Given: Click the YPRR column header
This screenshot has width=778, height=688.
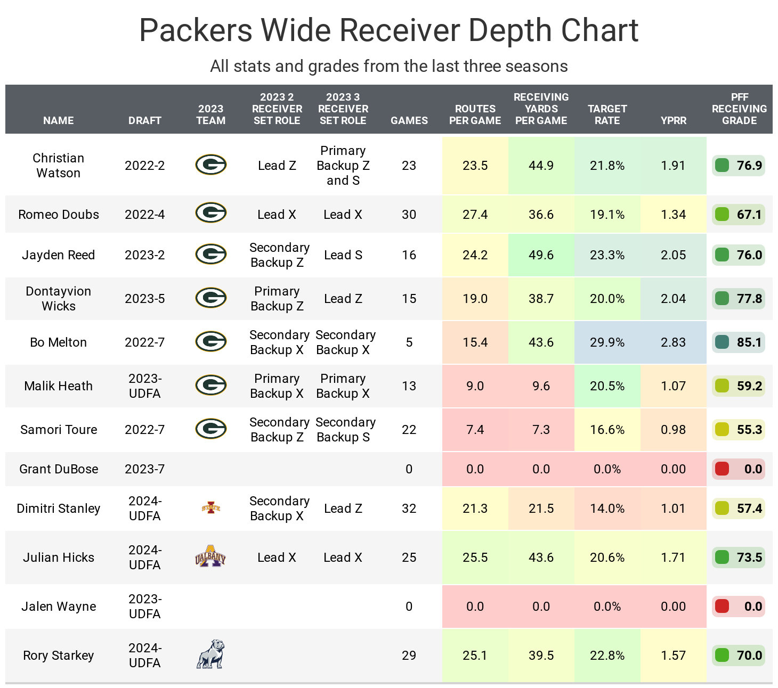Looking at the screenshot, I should point(673,120).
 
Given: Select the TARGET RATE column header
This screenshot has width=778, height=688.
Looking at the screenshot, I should point(607,114).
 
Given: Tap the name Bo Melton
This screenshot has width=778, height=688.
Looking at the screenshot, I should point(59,342).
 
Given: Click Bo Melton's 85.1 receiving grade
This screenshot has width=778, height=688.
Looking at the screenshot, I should point(749,342).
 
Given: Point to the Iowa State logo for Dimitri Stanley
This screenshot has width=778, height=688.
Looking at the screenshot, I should point(211,508).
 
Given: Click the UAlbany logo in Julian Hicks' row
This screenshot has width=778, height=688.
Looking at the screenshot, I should point(210,557).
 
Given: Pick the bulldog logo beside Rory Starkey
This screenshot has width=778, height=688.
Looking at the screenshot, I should point(210,654).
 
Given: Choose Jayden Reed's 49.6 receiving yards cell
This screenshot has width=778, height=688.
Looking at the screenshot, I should point(541,255).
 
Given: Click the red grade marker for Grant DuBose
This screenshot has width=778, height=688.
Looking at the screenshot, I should point(722,469).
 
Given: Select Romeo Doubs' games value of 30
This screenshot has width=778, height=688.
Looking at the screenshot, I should point(409,215).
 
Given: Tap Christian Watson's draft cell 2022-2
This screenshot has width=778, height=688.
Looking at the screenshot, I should point(144,166).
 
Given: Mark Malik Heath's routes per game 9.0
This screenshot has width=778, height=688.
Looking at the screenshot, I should point(475,386).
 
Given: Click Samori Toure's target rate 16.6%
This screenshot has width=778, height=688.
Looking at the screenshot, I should point(607,430).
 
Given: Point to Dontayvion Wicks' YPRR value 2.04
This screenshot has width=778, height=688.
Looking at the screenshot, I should point(673,299).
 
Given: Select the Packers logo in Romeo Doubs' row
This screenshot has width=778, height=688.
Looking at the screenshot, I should point(211,213).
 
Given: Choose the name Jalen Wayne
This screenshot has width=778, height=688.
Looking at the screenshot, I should point(59,607).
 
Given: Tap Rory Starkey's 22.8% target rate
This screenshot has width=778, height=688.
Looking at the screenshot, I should point(607,656).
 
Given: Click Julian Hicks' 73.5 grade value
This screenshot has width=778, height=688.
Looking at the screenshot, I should point(749,558).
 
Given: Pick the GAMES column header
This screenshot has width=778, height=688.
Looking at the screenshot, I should point(409,120).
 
